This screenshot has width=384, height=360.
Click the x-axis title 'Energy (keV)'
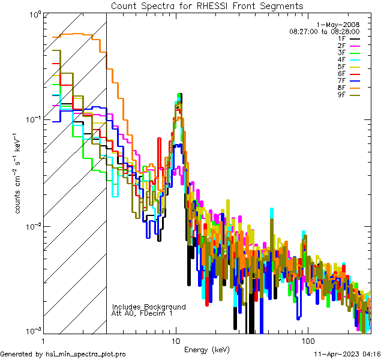(x=206, y=350)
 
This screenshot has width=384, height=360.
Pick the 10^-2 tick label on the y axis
(x=35, y=226)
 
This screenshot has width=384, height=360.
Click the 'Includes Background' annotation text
(x=148, y=307)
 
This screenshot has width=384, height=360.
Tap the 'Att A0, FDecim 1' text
(x=142, y=313)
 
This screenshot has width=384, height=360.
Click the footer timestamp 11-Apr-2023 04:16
(x=346, y=354)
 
